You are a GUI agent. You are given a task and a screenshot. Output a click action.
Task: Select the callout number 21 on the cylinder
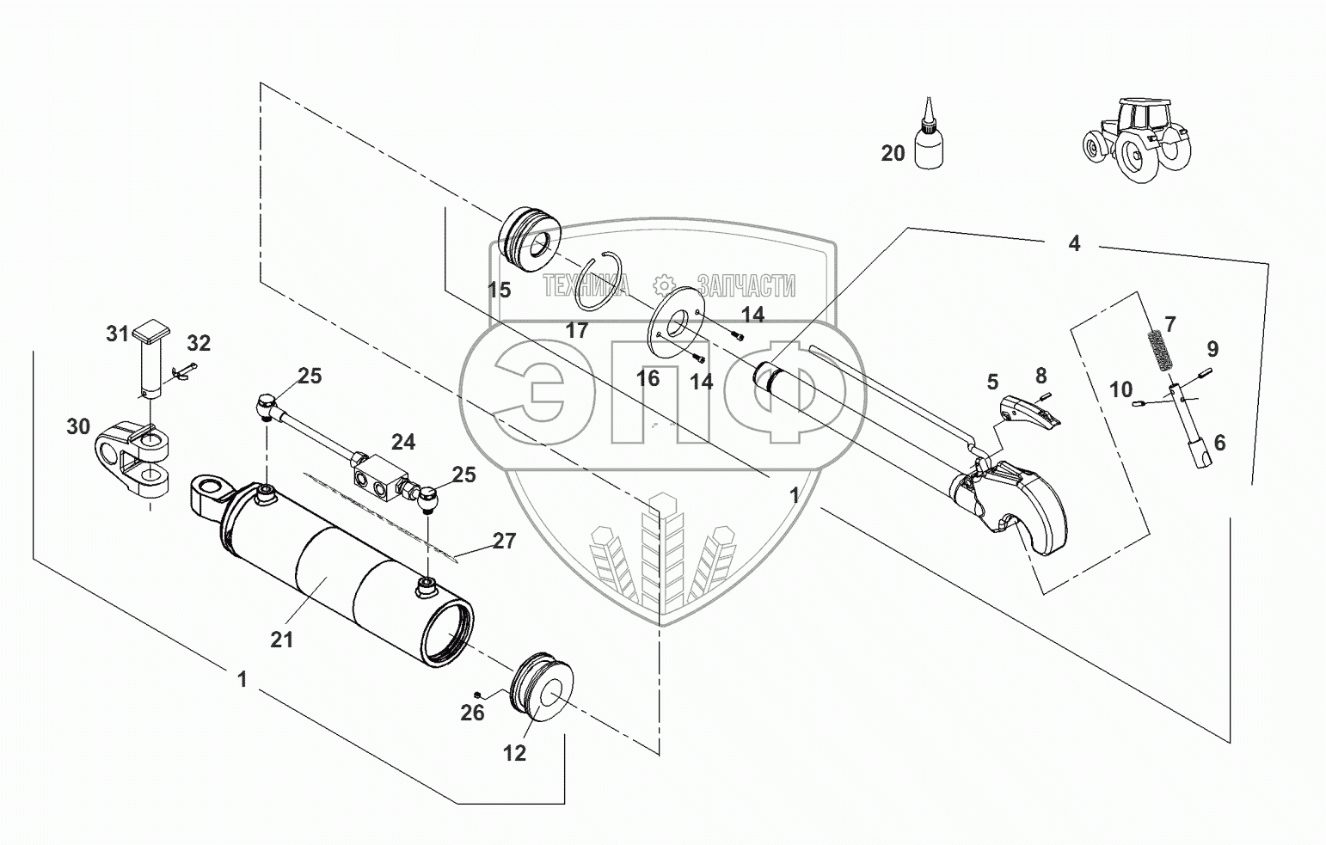282,640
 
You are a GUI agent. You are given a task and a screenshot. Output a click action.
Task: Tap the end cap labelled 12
542,687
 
